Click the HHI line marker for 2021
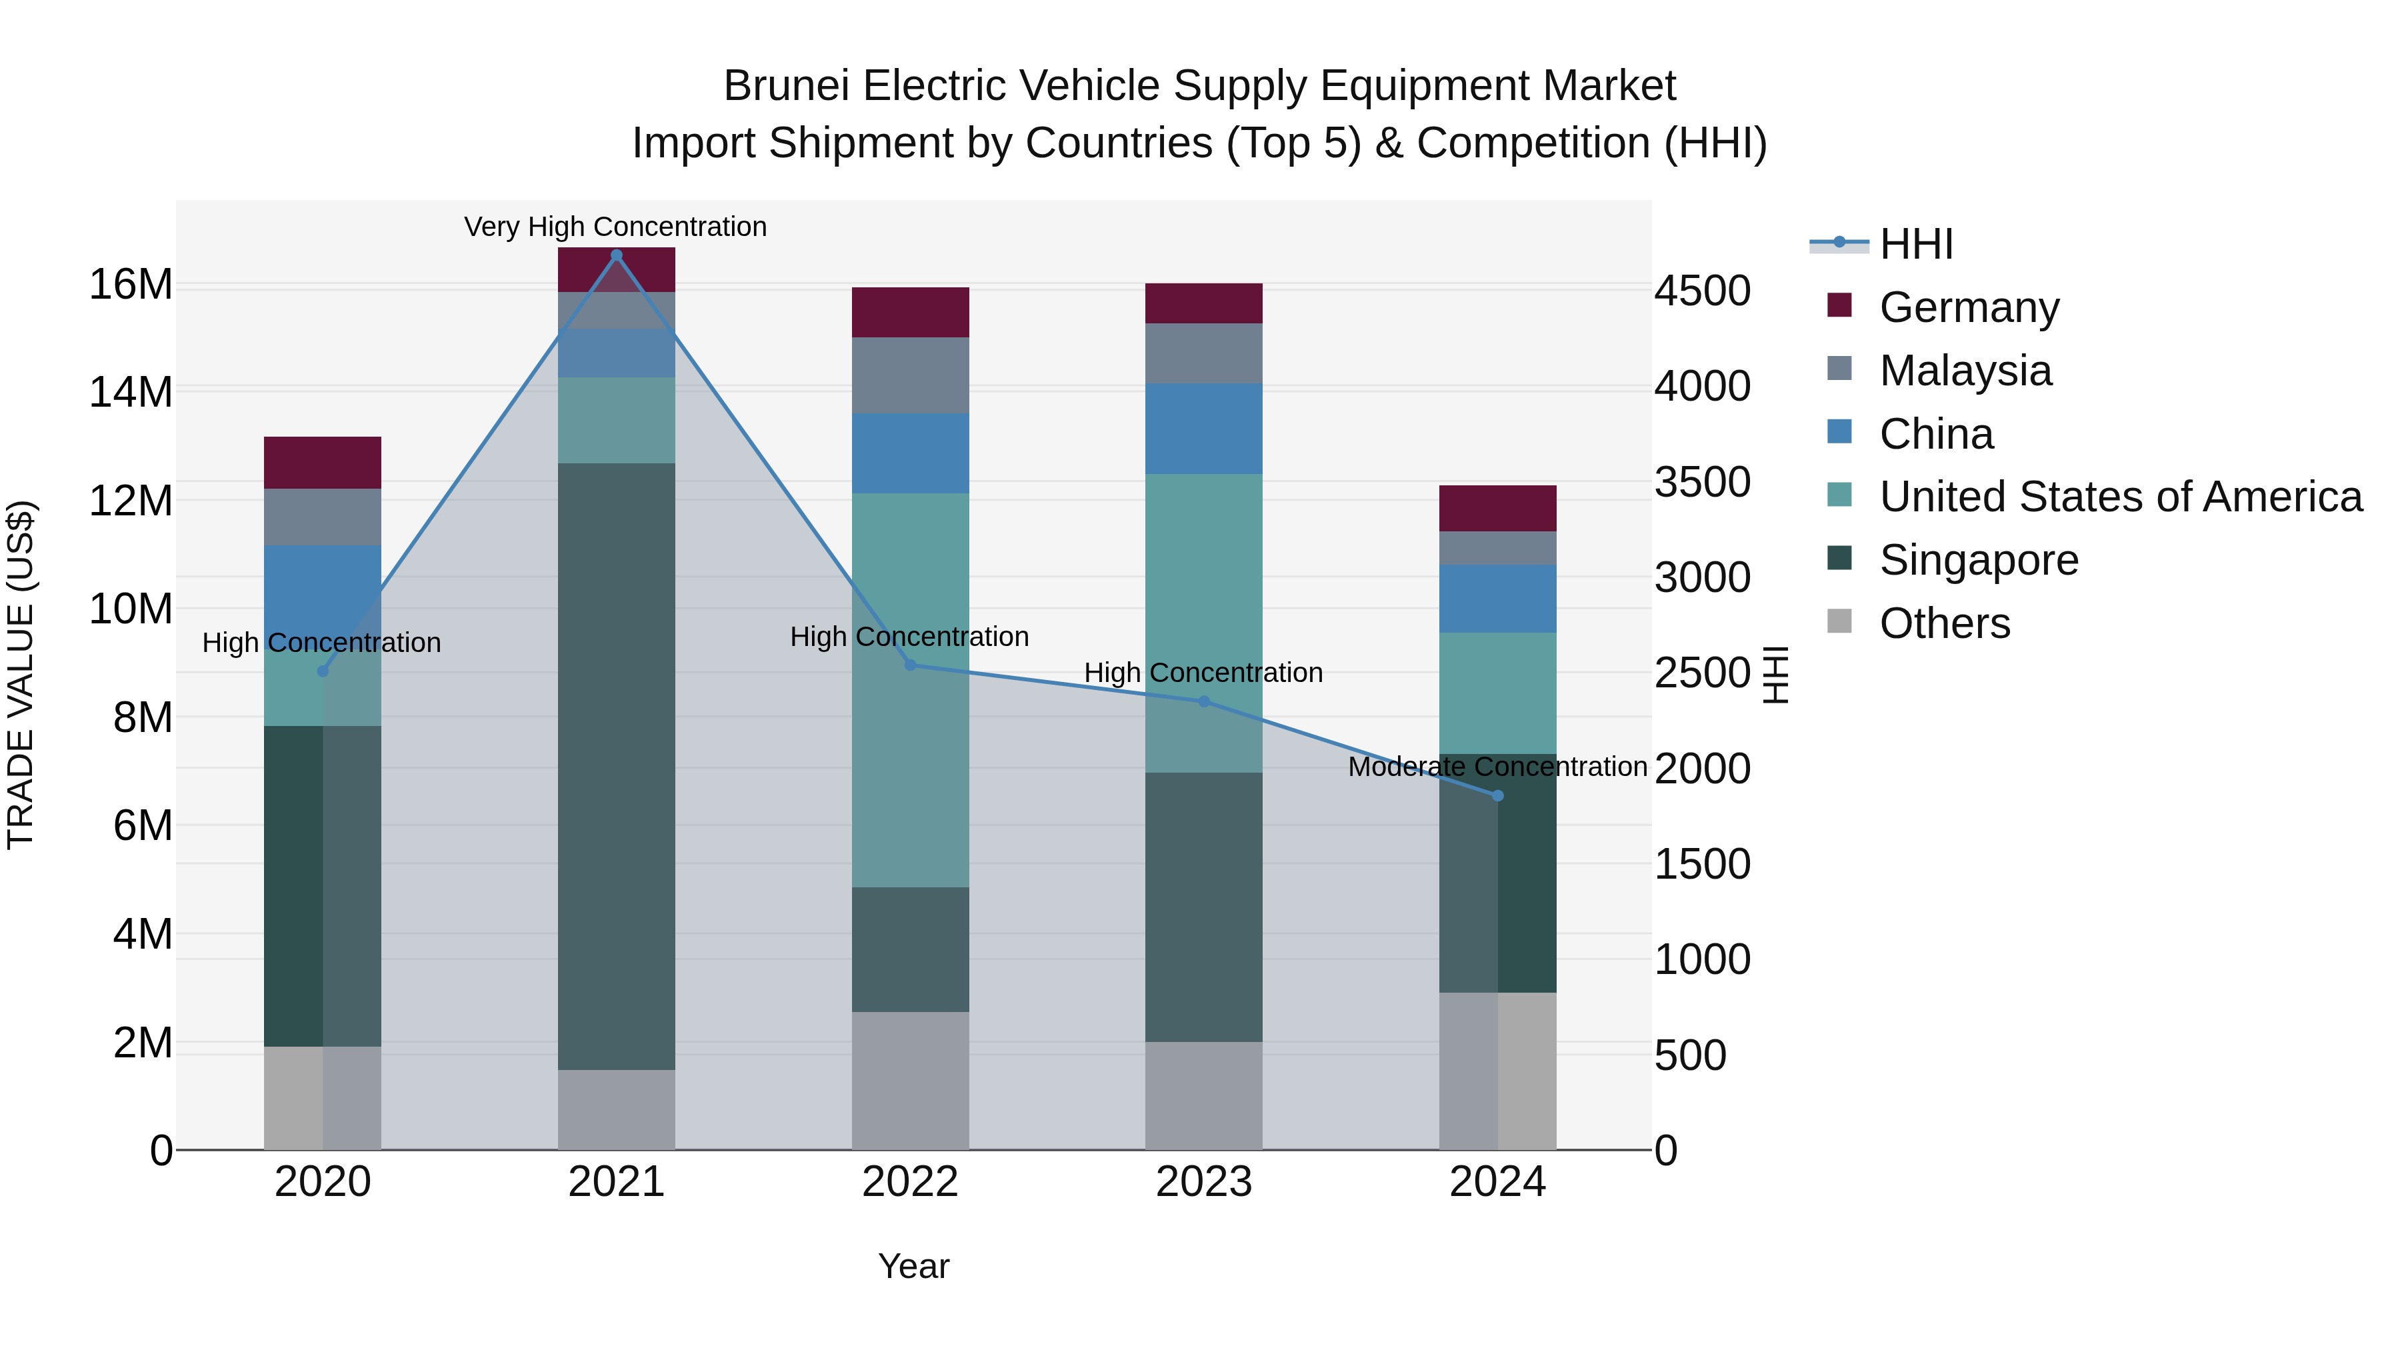616,255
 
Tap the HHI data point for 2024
1497,795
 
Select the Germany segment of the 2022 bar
910,312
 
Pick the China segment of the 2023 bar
1204,429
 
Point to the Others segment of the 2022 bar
910,1080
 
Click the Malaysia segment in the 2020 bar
323,517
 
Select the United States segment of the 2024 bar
1497,693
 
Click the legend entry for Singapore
1978,560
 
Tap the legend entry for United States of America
2121,497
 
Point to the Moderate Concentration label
1497,767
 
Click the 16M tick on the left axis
131,284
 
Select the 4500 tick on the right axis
1702,291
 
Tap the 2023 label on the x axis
1204,1182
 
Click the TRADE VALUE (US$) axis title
21,675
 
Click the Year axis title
913,1266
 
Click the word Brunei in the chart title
785,86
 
